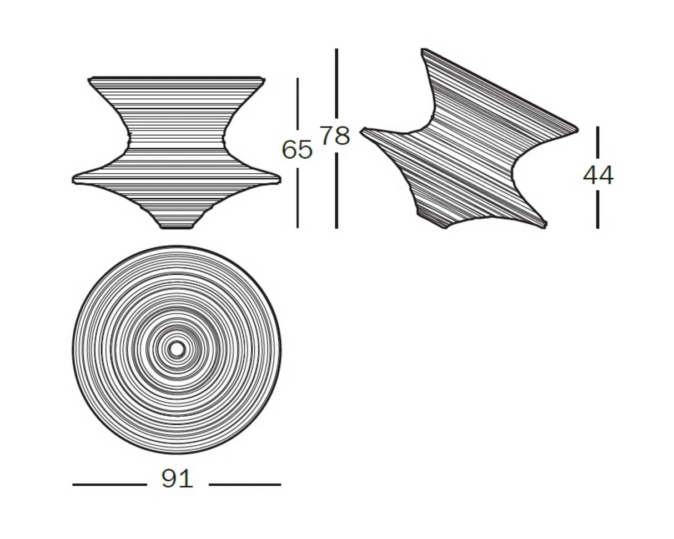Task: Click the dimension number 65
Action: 297,149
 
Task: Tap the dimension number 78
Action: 335,135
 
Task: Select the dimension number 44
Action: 598,175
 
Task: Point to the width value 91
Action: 177,479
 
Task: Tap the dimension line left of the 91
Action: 109,485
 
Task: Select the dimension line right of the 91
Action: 245,485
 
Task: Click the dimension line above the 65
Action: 297,104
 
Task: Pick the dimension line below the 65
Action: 297,198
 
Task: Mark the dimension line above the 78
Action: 336,83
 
